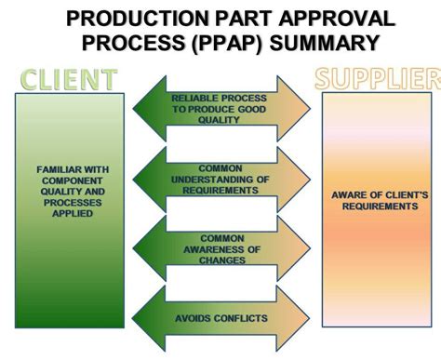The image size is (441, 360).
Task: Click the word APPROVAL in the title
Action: point(330,20)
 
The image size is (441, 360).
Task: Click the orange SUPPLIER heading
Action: point(377,79)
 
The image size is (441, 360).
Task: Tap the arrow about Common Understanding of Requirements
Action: point(220,179)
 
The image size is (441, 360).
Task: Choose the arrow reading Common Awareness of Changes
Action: point(220,248)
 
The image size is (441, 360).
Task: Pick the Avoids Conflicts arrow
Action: point(220,319)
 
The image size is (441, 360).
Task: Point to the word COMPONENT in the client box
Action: point(73,180)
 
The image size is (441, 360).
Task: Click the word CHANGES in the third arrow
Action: point(221,260)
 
